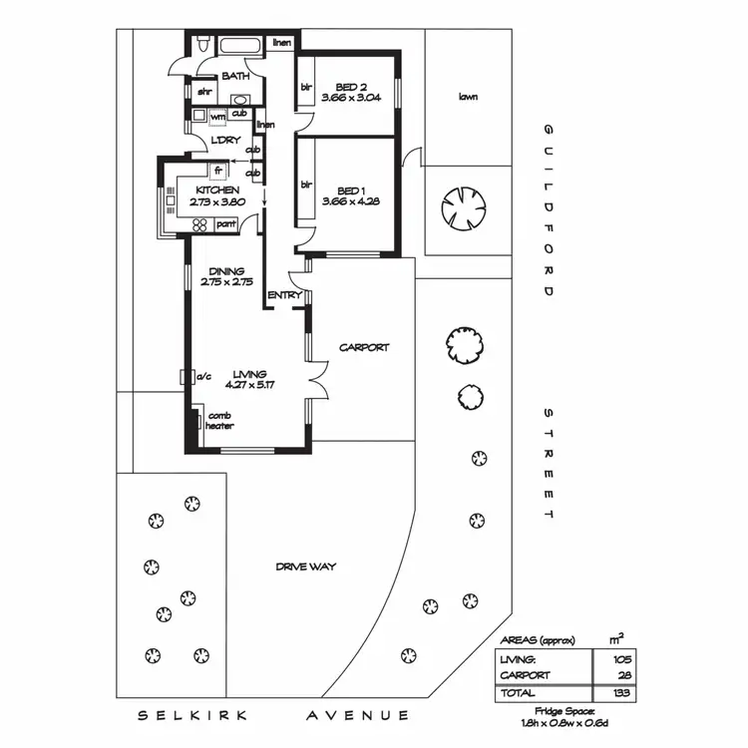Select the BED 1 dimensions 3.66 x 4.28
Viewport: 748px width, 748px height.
[x=346, y=202]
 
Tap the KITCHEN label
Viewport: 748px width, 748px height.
[x=216, y=189]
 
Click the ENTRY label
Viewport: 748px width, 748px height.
[x=284, y=295]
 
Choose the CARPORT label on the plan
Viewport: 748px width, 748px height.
[x=364, y=348]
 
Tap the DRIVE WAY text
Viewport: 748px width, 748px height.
[x=306, y=566]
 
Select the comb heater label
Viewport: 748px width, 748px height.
[x=219, y=421]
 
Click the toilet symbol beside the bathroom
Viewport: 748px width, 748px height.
[x=201, y=44]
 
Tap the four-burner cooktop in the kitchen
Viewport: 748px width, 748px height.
[x=199, y=225]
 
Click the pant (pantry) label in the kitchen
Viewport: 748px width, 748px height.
[x=224, y=225]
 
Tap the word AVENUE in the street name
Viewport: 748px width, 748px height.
[x=357, y=715]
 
